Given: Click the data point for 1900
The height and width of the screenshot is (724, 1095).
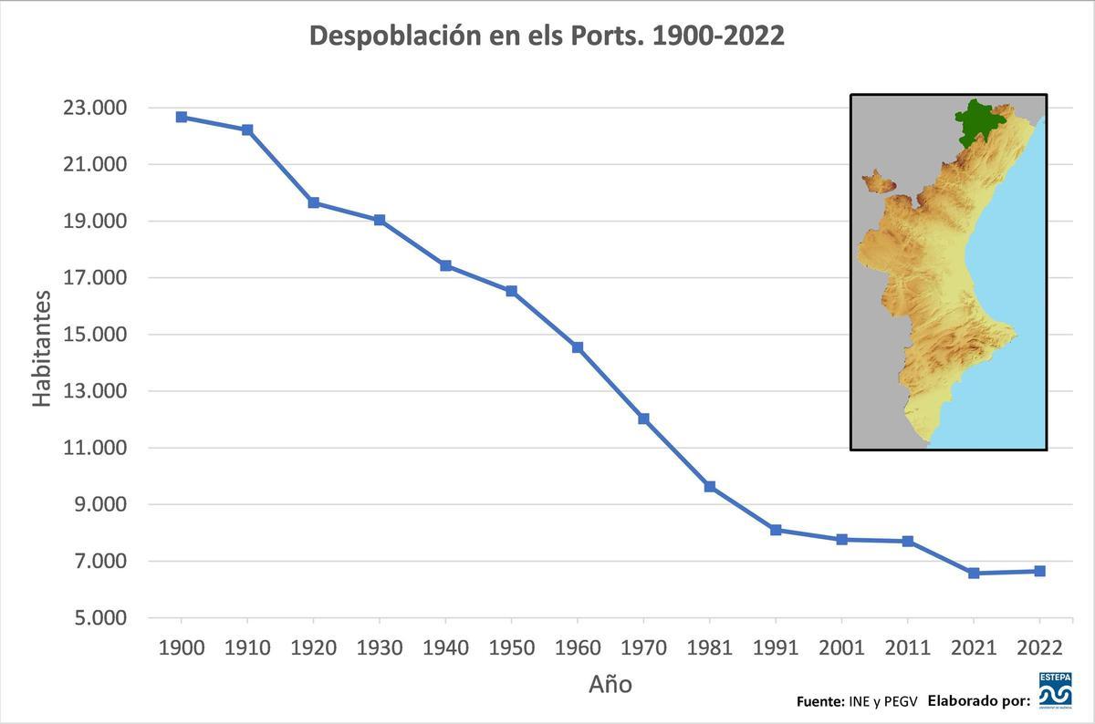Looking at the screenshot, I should click(182, 117).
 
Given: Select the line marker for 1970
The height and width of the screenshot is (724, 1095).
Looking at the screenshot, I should click(643, 419).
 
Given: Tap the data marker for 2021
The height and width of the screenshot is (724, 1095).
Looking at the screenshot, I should click(974, 573).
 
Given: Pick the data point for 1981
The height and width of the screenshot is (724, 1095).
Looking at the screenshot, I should click(710, 487).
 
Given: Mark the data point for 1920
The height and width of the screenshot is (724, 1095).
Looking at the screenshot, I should click(313, 202).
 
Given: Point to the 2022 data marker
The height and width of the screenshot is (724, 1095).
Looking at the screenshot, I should click(1039, 571).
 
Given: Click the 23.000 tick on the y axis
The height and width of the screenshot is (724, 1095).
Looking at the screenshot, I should click(94, 109).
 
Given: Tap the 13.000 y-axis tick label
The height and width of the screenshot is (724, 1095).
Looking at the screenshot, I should click(94, 391).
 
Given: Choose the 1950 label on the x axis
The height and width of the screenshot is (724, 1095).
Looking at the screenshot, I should click(511, 647).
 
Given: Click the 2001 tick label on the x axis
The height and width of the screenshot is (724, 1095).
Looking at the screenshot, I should click(841, 647).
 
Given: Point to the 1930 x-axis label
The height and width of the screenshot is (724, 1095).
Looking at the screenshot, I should click(380, 647).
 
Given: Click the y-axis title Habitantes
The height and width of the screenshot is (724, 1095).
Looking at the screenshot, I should click(42, 348).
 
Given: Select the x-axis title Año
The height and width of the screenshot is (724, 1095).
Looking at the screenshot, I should click(610, 684).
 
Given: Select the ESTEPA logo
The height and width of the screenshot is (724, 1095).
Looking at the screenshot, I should click(1055, 689).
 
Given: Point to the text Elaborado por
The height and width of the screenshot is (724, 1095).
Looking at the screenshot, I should click(978, 701).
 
